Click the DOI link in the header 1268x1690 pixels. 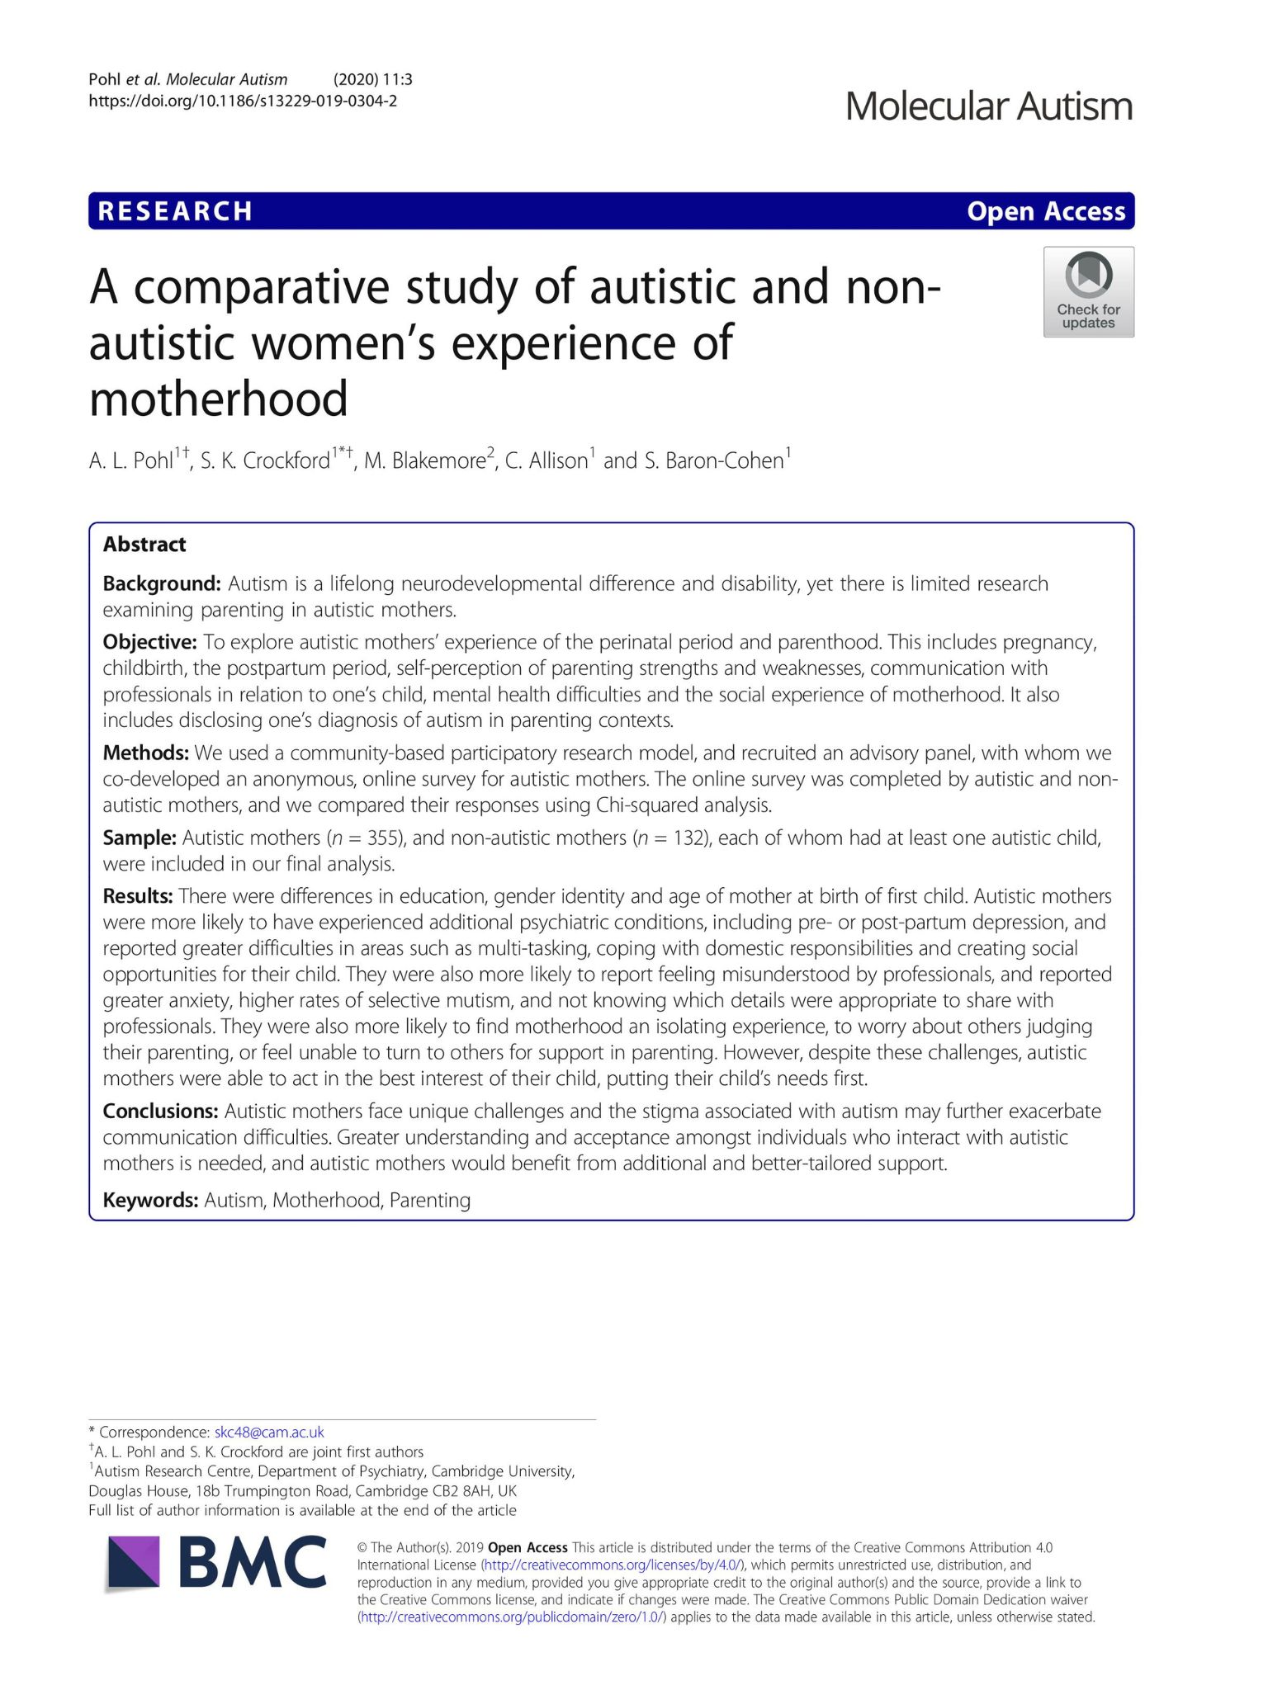243,101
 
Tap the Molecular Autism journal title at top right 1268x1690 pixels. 989,106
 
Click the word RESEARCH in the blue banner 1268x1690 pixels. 175,211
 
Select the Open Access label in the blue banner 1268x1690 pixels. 1046,211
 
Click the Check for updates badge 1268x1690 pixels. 1088,292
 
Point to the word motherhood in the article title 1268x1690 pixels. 219,399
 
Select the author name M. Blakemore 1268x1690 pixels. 424,460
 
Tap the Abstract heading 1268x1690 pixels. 144,545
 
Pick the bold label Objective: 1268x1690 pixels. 149,642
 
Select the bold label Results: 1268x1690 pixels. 138,896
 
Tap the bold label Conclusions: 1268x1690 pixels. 160,1112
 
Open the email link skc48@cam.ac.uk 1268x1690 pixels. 269,1432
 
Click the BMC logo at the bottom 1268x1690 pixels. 216,1562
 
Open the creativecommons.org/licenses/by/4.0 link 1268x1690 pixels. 612,1565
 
